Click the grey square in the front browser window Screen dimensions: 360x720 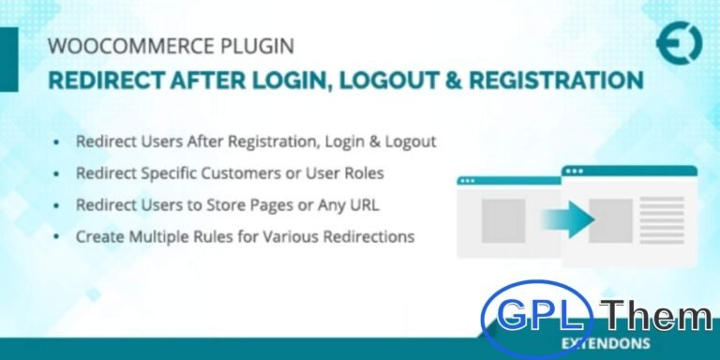click(610, 220)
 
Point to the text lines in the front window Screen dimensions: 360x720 click(664, 221)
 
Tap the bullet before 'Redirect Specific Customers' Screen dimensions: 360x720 click(58, 173)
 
